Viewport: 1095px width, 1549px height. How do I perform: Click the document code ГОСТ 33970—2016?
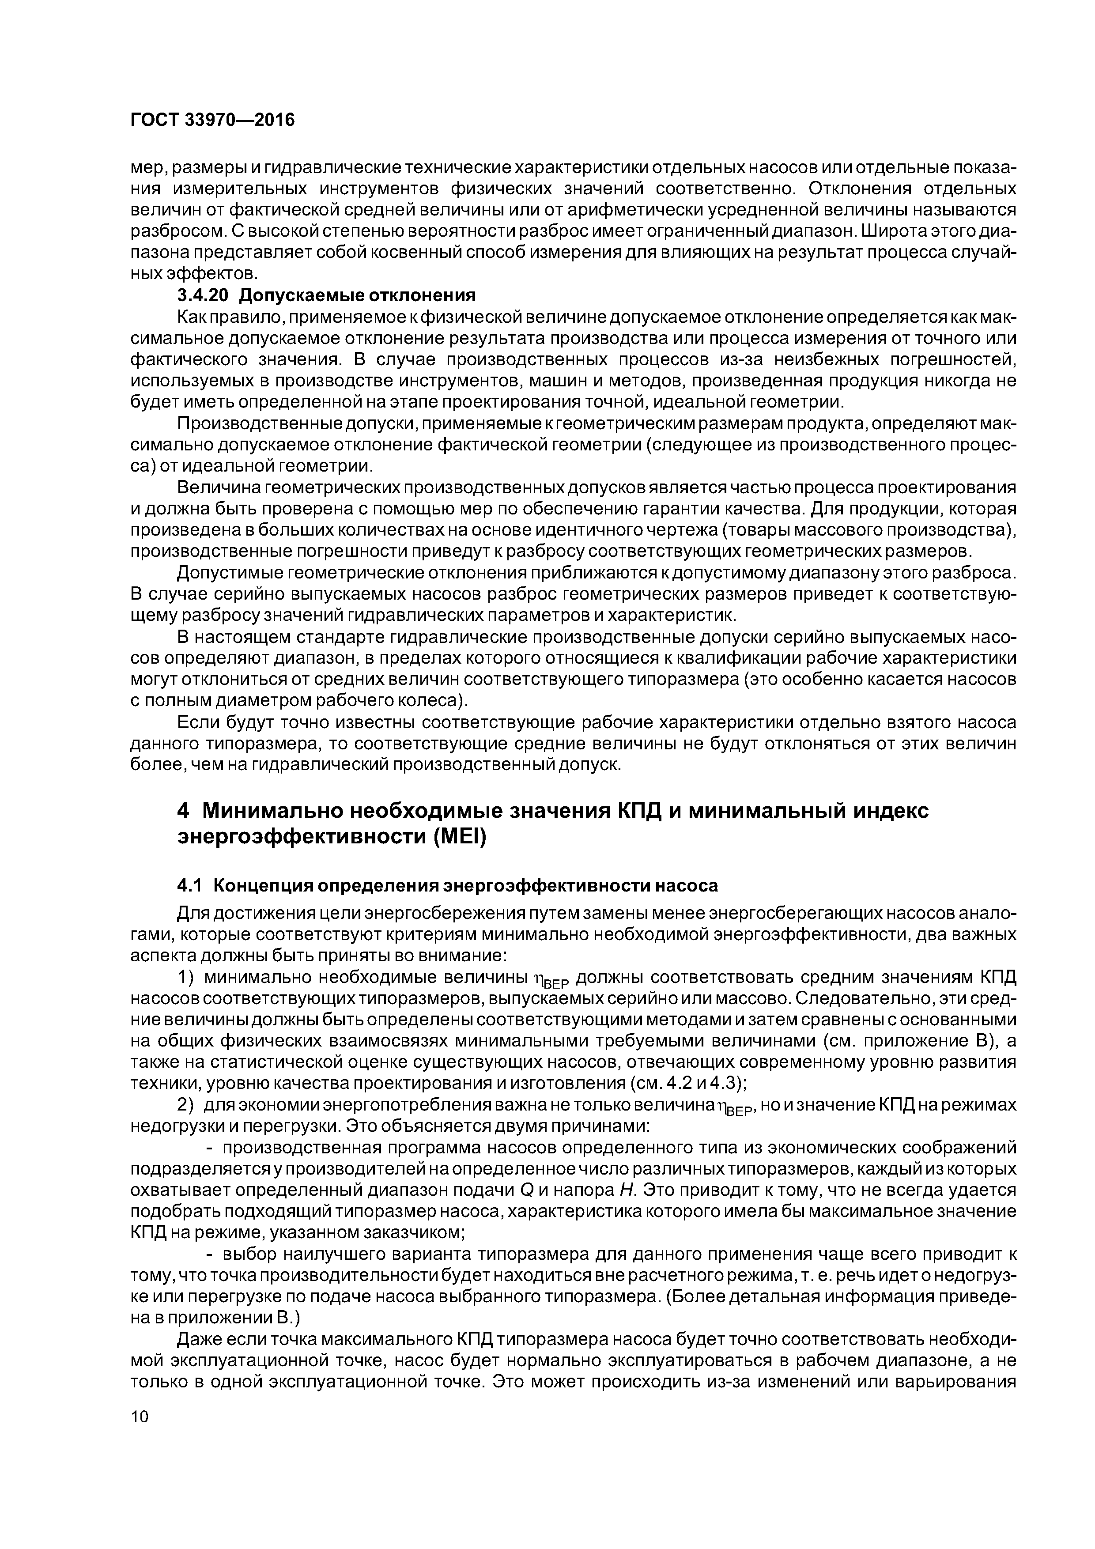[212, 120]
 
